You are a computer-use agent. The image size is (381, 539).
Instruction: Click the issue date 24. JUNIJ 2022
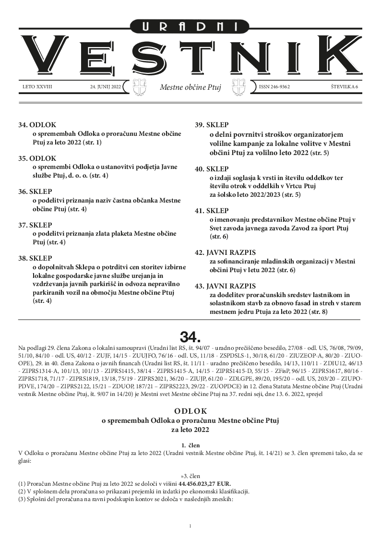(105, 87)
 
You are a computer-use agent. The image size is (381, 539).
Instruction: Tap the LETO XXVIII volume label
(37, 87)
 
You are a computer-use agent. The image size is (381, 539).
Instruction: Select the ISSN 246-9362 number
(274, 87)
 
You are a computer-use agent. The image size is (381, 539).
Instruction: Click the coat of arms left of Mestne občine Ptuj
(139, 88)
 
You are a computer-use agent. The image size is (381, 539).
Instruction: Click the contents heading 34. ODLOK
(37, 125)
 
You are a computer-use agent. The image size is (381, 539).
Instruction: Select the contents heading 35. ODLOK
(37, 158)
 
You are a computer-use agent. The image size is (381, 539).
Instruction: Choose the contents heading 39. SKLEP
(213, 125)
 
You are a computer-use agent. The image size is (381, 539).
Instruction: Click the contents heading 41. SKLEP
(213, 210)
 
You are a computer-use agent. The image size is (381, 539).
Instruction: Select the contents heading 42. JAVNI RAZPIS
(226, 252)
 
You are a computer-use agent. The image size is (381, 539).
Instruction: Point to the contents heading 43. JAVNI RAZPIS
(226, 286)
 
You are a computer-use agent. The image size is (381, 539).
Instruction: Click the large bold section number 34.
(190, 334)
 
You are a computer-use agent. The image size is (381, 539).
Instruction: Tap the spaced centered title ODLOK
(190, 411)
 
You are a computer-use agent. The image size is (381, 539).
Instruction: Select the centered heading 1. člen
(190, 445)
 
